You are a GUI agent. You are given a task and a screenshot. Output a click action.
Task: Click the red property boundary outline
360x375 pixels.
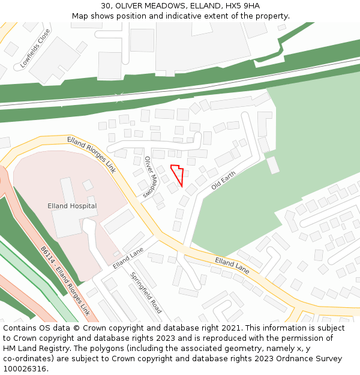pos(177,173)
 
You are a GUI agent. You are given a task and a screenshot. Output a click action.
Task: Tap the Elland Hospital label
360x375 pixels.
pos(72,206)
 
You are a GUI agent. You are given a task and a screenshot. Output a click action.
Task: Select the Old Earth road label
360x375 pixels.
pos(224,179)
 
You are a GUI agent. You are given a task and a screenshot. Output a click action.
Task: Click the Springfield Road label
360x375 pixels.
pos(146,293)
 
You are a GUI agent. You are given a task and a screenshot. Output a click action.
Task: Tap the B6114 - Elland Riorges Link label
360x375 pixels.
pos(65,281)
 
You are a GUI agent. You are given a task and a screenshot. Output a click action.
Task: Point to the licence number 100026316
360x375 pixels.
pos(25,368)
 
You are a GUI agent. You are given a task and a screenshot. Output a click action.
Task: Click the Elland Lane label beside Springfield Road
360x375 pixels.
pos(128,258)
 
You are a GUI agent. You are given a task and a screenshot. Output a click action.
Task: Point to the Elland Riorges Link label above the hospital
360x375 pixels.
pos(91,154)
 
